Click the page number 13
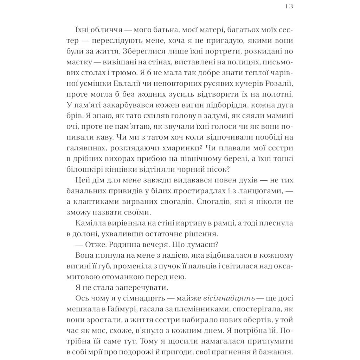[x=289, y=6]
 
